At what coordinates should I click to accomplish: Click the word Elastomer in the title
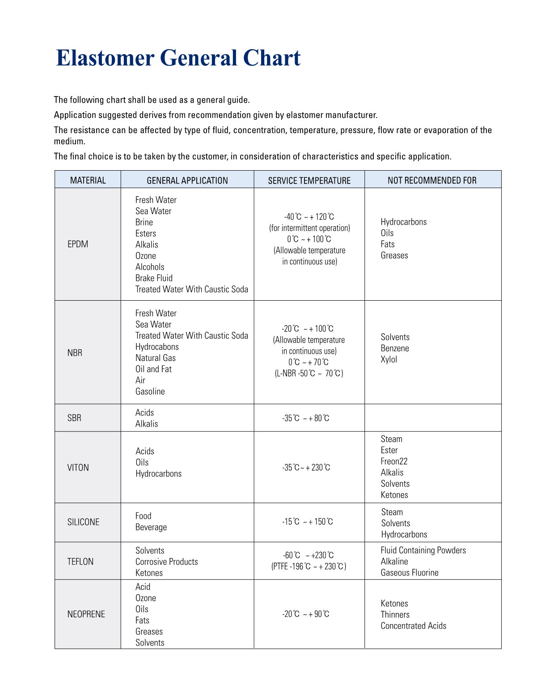[105, 58]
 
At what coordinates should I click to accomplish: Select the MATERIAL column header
[88, 180]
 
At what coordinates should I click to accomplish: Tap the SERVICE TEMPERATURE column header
[309, 180]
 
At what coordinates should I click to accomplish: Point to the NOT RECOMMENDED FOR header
[432, 180]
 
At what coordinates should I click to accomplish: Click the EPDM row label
[78, 244]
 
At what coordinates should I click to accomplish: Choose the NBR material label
[75, 353]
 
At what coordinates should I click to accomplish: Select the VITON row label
[78, 468]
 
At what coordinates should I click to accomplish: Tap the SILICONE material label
[83, 522]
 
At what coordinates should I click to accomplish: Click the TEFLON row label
[80, 562]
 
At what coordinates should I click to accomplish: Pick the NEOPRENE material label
[86, 614]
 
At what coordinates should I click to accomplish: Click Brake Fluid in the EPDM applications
[154, 278]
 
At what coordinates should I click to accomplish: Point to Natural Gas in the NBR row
[156, 358]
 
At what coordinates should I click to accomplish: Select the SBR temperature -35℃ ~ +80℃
[305, 418]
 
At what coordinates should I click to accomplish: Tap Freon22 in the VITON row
[394, 461]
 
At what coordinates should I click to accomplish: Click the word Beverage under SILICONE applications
[151, 527]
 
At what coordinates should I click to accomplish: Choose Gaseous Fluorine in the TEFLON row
[410, 573]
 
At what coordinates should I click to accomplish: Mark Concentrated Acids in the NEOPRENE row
[414, 626]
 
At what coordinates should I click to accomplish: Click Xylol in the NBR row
[389, 359]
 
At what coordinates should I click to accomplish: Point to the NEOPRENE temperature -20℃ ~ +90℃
[305, 614]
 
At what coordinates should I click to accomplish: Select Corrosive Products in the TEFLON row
[166, 562]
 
